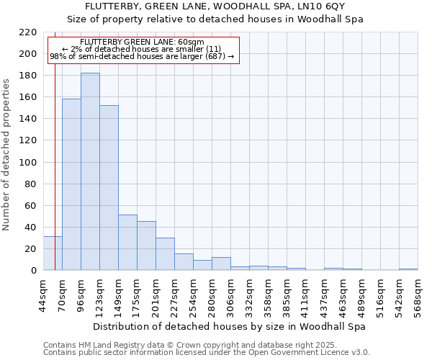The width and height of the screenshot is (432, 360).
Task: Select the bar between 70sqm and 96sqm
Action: coord(71,184)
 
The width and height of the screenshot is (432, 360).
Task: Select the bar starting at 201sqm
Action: coord(165,253)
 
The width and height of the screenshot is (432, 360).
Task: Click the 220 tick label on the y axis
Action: coord(29,32)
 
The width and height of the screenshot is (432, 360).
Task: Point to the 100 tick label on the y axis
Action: coord(29,163)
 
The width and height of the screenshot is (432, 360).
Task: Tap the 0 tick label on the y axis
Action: coord(34,271)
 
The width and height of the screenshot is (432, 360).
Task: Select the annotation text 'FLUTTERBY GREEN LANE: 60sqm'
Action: coord(143,42)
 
